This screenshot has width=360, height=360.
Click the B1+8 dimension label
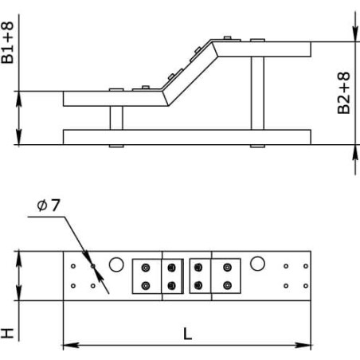point(7,42)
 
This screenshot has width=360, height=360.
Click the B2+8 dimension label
point(344,93)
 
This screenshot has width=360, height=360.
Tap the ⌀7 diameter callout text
point(49,205)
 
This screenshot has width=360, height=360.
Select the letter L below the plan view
point(187,334)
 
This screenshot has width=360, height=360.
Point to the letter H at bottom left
point(7,333)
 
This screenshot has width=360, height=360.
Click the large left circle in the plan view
point(116,264)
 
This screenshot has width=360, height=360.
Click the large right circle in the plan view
point(257,264)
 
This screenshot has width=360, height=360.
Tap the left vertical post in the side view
point(116,118)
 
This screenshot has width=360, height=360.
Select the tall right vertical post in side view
point(257,93)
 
